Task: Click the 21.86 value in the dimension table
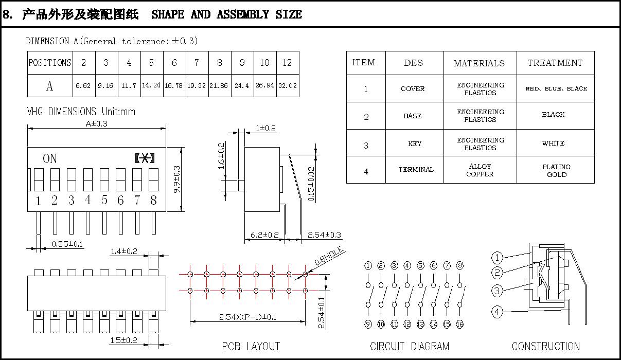click(219, 86)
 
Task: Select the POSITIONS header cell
click(50, 63)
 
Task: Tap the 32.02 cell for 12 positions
click(287, 86)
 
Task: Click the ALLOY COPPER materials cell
click(480, 170)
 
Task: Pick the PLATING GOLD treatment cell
click(556, 170)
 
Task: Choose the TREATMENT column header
click(555, 63)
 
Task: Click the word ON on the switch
click(50, 158)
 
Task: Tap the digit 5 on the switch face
click(104, 201)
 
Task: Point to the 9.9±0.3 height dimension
click(176, 179)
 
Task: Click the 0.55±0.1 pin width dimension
click(67, 244)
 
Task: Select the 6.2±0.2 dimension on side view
click(264, 235)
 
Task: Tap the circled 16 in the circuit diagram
click(459, 324)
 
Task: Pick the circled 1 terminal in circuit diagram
click(368, 266)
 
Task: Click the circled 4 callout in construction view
click(497, 312)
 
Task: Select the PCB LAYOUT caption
click(251, 346)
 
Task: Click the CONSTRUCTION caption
click(545, 346)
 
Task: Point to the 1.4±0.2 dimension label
click(124, 251)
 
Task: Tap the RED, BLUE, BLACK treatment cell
click(556, 88)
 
